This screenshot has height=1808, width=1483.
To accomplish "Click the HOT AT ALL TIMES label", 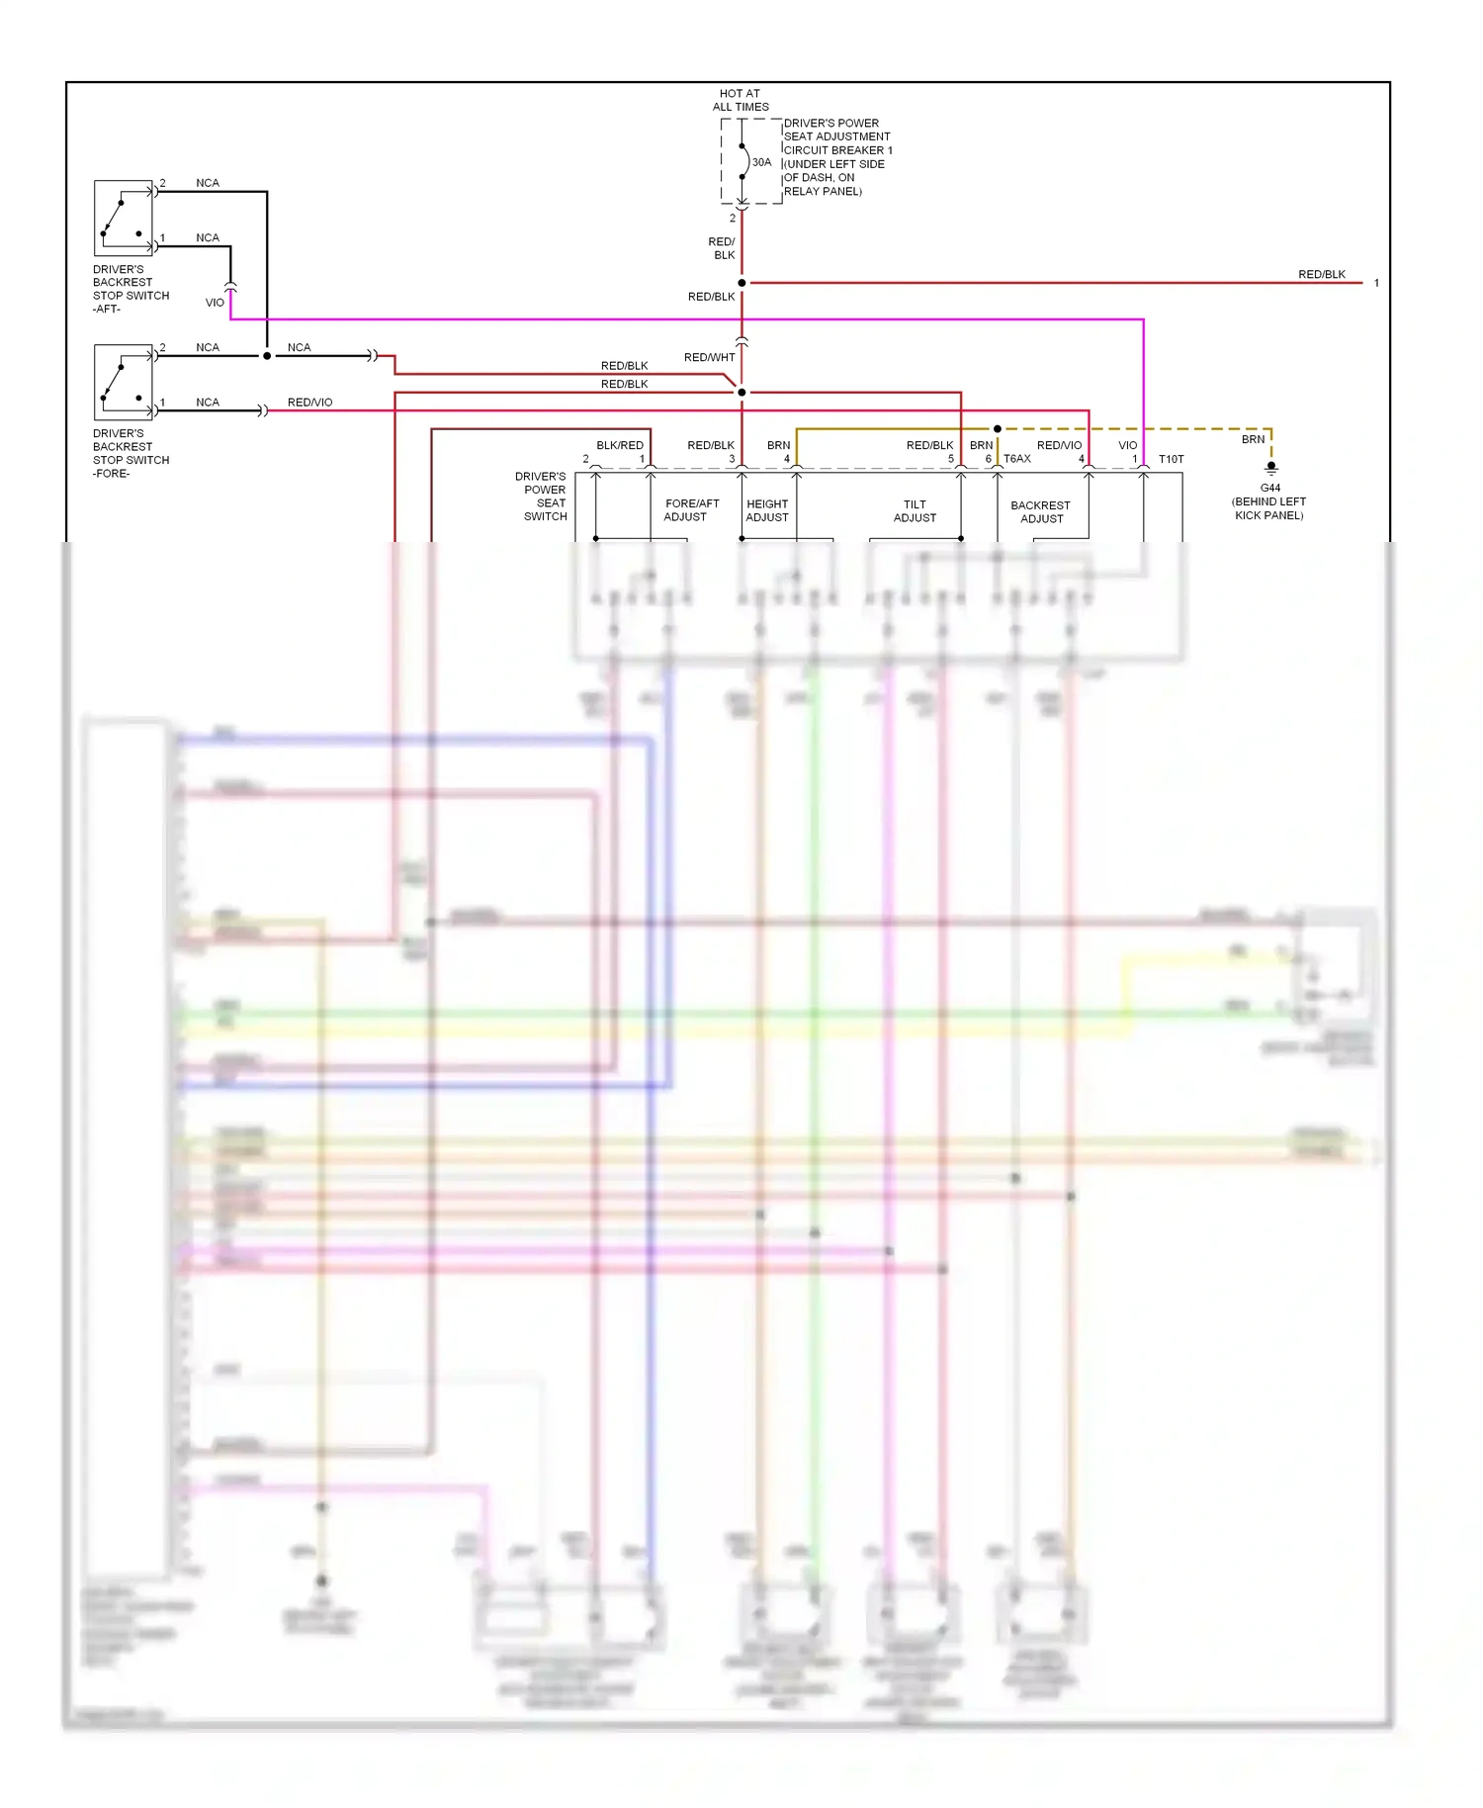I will pos(740,100).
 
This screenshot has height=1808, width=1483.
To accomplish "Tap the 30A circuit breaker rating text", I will pos(761,162).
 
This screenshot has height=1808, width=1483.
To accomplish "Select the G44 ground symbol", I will pos(1271,468).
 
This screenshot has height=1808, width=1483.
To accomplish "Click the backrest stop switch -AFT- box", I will pos(124,218).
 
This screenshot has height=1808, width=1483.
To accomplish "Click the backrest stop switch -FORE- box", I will pos(124,382).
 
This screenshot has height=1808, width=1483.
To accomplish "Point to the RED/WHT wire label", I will pos(709,357).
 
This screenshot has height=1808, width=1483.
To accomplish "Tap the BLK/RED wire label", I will pos(619,445).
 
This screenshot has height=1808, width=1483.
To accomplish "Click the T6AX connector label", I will pos(1017,459).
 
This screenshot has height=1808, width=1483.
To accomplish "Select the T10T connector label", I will pos(1171,459).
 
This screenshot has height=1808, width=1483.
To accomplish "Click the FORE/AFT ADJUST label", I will pos(690,510).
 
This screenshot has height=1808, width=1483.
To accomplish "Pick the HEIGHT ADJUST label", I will pos(767,510).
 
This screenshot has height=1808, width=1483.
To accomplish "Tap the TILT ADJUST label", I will pos(915,510).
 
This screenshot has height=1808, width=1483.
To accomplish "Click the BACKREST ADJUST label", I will pos(1040,511).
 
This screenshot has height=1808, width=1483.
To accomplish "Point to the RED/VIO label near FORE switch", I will pos(309,403).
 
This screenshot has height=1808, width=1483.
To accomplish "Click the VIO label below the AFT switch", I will pos(215,303).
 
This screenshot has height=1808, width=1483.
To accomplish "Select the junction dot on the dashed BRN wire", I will pos(998,429).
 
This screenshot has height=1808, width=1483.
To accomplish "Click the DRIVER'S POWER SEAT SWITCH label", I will pos(543,497).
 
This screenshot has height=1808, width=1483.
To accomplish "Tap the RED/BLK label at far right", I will pos(1321,274).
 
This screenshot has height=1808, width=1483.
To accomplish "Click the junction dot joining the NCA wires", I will pos(267,356).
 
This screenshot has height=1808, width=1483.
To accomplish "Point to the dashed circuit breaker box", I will pos(750,161).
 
